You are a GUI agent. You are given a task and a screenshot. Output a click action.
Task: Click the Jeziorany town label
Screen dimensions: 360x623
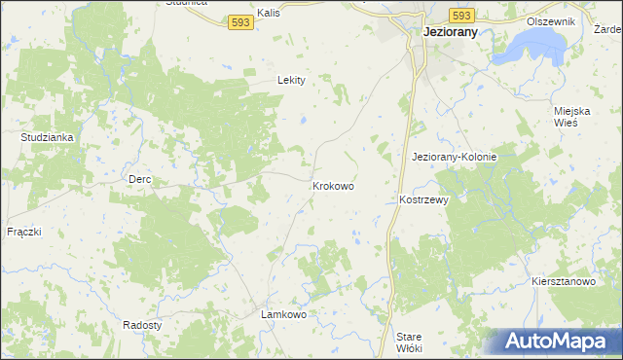456,31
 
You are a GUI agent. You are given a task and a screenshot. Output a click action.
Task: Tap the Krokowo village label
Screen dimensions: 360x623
333,185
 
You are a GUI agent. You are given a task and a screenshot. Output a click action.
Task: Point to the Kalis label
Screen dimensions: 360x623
269,15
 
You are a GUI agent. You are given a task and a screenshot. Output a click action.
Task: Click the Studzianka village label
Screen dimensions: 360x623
48,137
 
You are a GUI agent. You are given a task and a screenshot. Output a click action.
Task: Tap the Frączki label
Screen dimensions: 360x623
22,232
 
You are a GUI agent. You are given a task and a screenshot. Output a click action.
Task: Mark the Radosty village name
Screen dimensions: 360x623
142,324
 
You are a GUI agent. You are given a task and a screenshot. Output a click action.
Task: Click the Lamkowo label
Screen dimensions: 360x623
285,315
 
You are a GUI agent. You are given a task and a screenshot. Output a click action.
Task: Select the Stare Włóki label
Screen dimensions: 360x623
409,342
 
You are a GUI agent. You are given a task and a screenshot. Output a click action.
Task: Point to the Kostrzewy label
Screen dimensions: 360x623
423,199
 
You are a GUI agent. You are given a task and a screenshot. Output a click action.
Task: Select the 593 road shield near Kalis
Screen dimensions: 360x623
242,21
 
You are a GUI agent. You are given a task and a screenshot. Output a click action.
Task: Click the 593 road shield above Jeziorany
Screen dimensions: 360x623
461,15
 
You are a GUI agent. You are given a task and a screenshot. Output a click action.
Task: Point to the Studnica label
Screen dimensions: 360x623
186,3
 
